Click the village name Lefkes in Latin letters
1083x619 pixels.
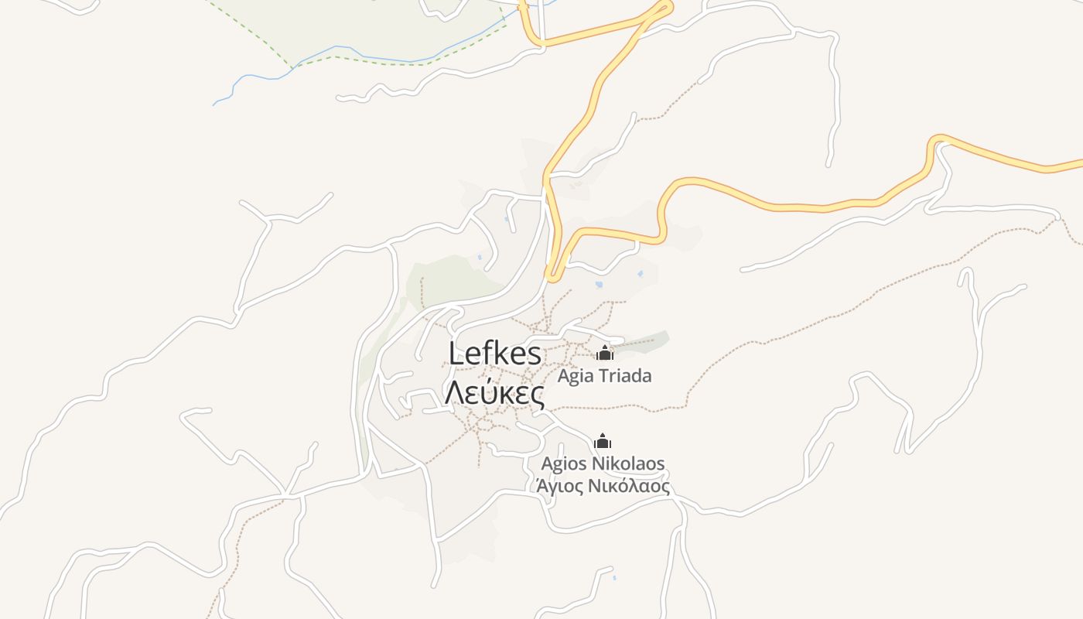pos(495,354)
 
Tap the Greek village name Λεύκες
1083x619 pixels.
pos(494,394)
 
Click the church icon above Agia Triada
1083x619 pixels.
pos(604,353)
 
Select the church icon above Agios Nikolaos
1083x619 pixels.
pos(602,441)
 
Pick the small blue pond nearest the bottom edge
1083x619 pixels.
pos(614,577)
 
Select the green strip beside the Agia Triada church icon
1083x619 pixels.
pos(650,339)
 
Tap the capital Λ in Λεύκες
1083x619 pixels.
pos(455,394)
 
